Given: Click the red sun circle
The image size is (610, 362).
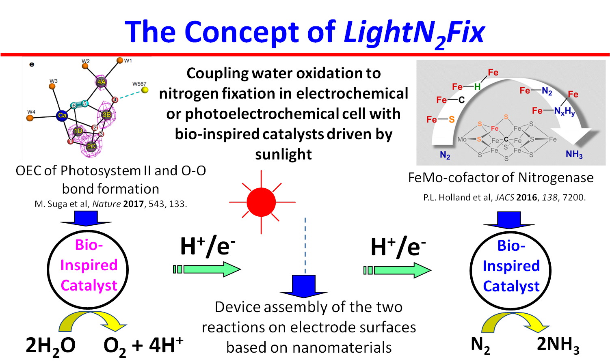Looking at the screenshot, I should [x=261, y=202].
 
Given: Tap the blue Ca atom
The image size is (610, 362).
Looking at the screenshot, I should [x=62, y=116].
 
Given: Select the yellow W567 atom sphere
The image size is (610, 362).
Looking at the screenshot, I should [x=145, y=90].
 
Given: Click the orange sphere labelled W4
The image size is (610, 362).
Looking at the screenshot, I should [x=30, y=118].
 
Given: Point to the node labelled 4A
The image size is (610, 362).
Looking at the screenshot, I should [x=101, y=82].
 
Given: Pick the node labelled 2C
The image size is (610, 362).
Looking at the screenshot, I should [x=91, y=147].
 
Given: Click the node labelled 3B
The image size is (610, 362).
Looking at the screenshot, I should [x=106, y=115].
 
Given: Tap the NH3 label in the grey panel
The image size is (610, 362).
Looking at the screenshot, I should [x=574, y=154].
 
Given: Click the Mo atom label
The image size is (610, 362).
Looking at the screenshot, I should [x=462, y=139].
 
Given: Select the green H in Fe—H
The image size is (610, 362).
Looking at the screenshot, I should [x=477, y=86].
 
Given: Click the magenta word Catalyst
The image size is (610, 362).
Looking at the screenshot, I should [x=89, y=286].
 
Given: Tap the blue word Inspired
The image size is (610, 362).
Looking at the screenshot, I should [x=511, y=266].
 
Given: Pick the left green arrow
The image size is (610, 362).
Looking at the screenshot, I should [x=207, y=269].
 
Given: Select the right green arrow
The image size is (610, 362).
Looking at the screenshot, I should [x=398, y=270].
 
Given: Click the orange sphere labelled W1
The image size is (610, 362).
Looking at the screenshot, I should [x=120, y=60].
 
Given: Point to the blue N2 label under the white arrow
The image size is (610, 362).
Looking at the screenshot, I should [x=445, y=155].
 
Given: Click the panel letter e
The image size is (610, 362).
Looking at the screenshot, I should [x=32, y=65].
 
